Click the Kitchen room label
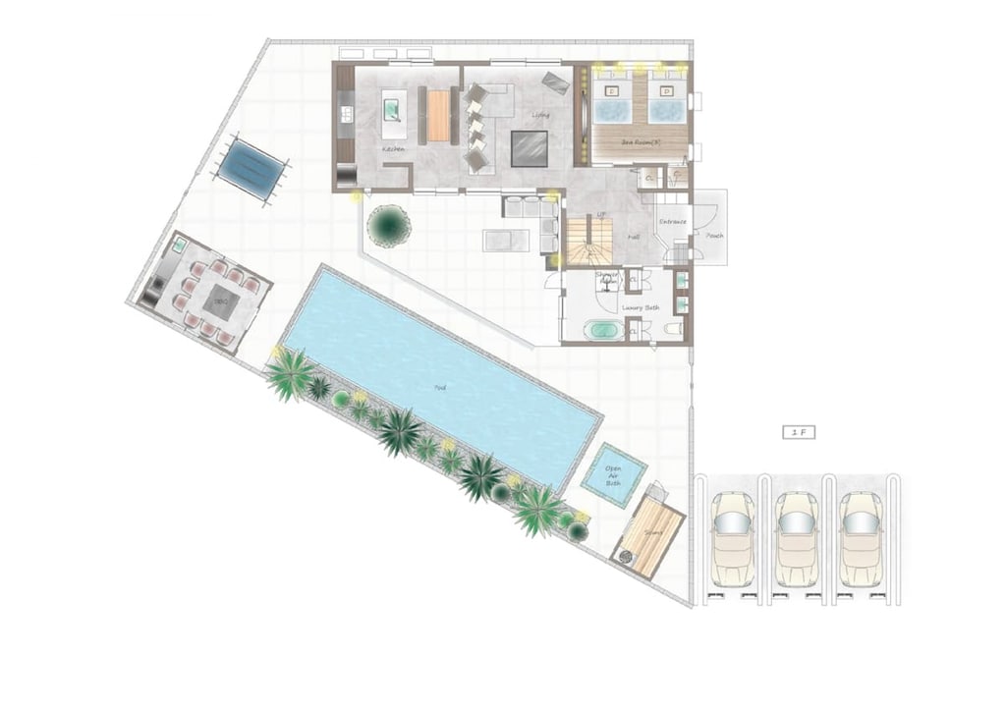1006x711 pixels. (394, 149)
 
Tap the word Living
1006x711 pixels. (540, 116)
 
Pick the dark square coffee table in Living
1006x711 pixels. (529, 148)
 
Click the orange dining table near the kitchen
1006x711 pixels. (439, 115)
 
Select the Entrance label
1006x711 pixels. (673, 223)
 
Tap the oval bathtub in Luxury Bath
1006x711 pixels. (600, 331)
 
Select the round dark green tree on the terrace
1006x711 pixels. (389, 225)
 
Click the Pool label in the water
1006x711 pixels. (439, 387)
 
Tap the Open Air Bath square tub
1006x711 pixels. (613, 475)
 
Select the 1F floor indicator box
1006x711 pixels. (799, 431)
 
